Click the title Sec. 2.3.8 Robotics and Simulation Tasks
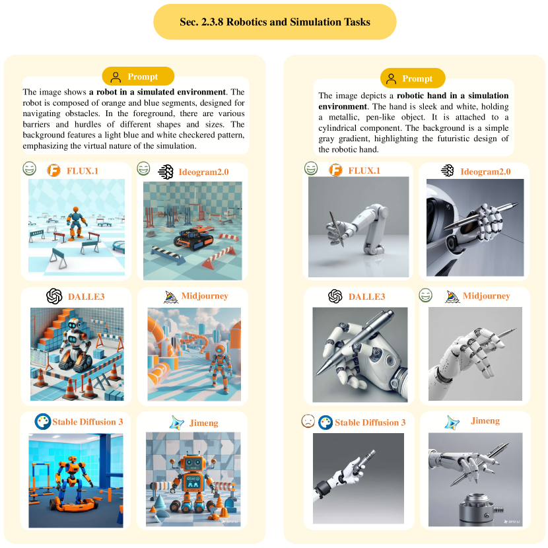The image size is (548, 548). click(x=275, y=22)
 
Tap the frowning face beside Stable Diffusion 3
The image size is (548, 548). click(x=308, y=421)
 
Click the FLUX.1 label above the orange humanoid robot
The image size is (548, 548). click(x=83, y=171)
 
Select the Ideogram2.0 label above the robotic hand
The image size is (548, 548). click(x=485, y=172)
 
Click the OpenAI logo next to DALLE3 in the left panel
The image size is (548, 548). click(x=54, y=296)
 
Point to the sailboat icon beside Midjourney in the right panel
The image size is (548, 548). click(x=452, y=296)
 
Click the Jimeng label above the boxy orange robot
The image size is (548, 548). click(x=204, y=423)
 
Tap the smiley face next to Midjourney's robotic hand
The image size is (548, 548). click(x=425, y=295)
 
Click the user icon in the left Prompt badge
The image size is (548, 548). click(x=116, y=77)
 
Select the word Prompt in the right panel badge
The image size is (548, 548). click(x=417, y=79)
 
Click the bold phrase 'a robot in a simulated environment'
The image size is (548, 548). click(x=157, y=92)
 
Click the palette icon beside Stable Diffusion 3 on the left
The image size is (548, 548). click(x=43, y=421)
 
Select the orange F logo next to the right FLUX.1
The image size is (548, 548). click(x=335, y=170)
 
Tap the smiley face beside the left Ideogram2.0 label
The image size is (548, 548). click(x=143, y=168)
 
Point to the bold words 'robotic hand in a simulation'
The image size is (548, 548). click(x=452, y=96)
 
